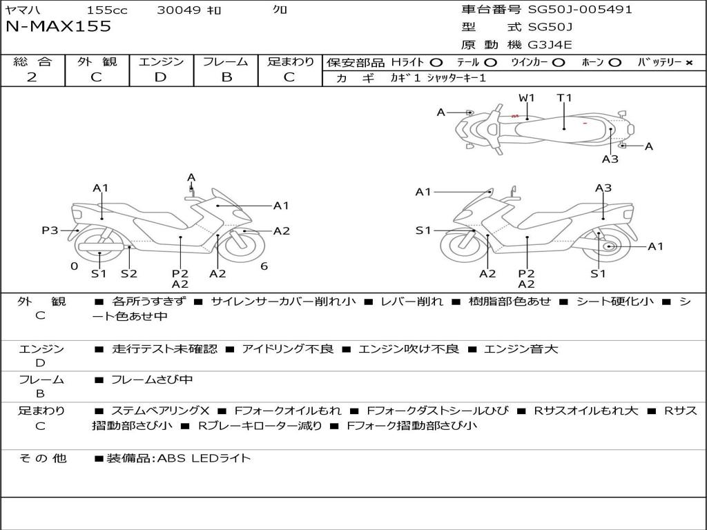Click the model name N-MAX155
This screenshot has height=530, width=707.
tap(58, 26)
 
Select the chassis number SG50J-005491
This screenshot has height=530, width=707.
tap(580, 10)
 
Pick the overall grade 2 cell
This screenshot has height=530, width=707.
tap(32, 77)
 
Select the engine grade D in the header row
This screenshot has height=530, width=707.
tap(160, 77)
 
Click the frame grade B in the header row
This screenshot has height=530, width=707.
tap(226, 77)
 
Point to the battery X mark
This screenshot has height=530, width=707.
tap(688, 63)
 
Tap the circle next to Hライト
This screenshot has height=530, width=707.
tap(436, 63)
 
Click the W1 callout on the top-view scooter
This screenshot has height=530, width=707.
tap(526, 98)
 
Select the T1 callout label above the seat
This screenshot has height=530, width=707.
tap(564, 98)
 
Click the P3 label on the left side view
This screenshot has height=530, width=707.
tap(50, 230)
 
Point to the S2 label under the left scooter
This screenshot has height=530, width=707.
tap(129, 273)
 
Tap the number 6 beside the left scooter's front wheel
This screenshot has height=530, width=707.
tap(264, 266)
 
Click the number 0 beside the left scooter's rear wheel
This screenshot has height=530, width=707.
tap(75, 266)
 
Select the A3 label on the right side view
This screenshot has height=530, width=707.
tap(603, 188)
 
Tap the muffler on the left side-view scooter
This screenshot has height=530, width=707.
tap(101, 247)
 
